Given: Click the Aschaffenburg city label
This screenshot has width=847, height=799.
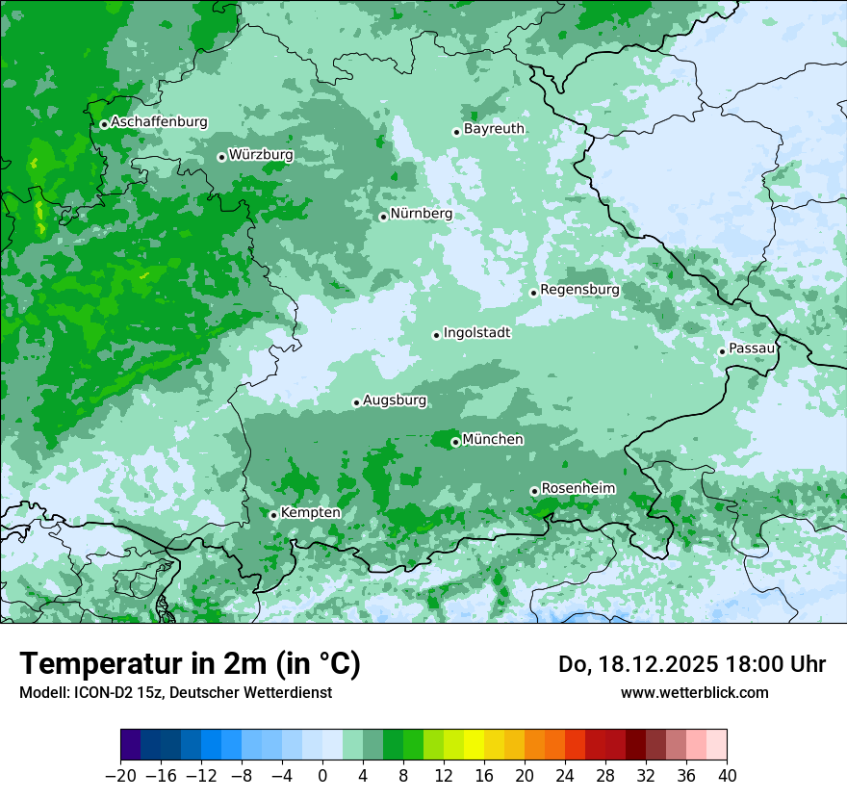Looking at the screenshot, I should point(159,122).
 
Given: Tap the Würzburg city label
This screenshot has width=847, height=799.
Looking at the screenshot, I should point(261,155).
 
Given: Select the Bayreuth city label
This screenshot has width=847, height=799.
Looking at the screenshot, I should point(494,129).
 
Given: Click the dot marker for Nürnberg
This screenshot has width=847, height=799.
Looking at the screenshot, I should point(383,217).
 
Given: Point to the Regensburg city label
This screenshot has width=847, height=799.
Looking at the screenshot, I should point(579,290).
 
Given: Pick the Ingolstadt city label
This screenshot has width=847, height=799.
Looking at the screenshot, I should point(476,333).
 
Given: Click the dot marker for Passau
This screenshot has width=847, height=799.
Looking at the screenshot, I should point(722,351).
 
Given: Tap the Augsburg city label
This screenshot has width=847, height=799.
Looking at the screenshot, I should point(395,400).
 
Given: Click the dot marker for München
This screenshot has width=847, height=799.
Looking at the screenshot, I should point(455,442).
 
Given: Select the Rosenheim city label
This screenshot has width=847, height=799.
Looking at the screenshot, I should point(577,489).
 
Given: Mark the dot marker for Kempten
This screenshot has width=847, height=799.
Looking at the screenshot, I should point(273,515).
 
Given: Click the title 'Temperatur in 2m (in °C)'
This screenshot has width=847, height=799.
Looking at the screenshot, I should point(190,664).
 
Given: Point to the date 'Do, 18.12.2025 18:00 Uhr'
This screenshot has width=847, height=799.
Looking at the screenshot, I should point(691,664).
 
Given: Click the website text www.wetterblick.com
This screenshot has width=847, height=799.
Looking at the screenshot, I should point(694,692).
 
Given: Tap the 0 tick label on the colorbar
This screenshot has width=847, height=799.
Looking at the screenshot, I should point(322,776).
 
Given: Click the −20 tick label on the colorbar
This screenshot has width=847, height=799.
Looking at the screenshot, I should point(120,776).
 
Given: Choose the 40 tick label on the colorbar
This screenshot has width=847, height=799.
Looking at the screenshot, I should point(727,776).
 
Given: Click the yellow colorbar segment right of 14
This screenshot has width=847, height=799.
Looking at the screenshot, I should point(474,745).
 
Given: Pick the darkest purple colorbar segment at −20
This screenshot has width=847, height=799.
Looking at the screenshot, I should point(131,745).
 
